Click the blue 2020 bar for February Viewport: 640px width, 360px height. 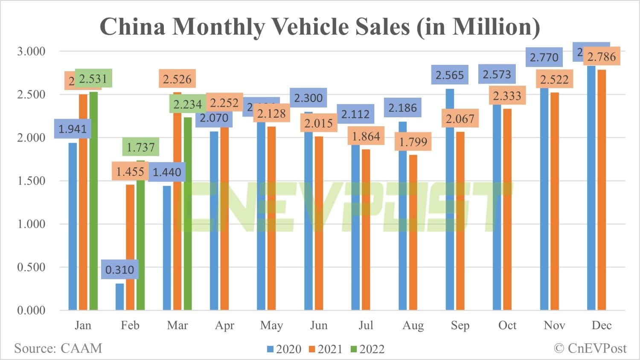click(119, 296)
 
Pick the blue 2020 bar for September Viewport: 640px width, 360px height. click(450, 200)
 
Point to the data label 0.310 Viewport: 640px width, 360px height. click(119, 270)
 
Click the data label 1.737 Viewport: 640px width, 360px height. click(141, 147)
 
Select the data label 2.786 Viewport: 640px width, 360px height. click(602, 57)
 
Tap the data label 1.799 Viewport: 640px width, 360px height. click(413, 142)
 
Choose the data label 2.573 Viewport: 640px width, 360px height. click(497, 75)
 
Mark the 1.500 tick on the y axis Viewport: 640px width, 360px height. click(31, 181)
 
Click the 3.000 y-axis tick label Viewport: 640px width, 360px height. click(31, 51)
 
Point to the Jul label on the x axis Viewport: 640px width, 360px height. click(366, 325)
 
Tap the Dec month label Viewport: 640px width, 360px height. click(602, 325)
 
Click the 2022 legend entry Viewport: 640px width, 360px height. click(367, 349)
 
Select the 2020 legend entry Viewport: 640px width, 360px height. click(284, 349)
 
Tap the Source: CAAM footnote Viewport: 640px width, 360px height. click(58, 348)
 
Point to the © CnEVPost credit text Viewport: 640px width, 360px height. click(590, 348)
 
